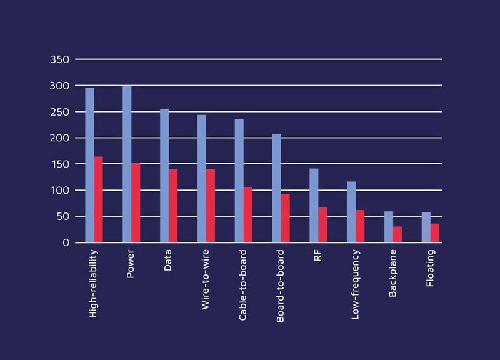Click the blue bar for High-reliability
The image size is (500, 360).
[89, 165]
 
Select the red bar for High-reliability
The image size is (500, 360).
[99, 199]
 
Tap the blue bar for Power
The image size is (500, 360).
[127, 164]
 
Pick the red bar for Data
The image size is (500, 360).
[173, 206]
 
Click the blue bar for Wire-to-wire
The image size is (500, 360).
[202, 179]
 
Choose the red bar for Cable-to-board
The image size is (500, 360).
[248, 214]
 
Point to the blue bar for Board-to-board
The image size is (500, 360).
[276, 188]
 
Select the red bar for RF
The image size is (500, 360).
[322, 225]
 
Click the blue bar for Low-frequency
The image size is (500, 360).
[351, 212]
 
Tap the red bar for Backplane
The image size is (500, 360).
[397, 234]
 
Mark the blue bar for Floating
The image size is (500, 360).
[426, 227]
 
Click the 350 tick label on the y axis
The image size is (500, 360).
[59, 59]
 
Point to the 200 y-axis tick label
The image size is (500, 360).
[59, 138]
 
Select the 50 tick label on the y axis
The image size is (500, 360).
[62, 216]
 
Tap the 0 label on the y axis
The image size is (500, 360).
[66, 242]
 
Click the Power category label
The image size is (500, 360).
[130, 264]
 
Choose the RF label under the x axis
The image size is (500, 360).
[317, 256]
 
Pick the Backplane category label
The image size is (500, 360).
[392, 273]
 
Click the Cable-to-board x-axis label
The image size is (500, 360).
[242, 285]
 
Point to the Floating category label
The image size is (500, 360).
[430, 268]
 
